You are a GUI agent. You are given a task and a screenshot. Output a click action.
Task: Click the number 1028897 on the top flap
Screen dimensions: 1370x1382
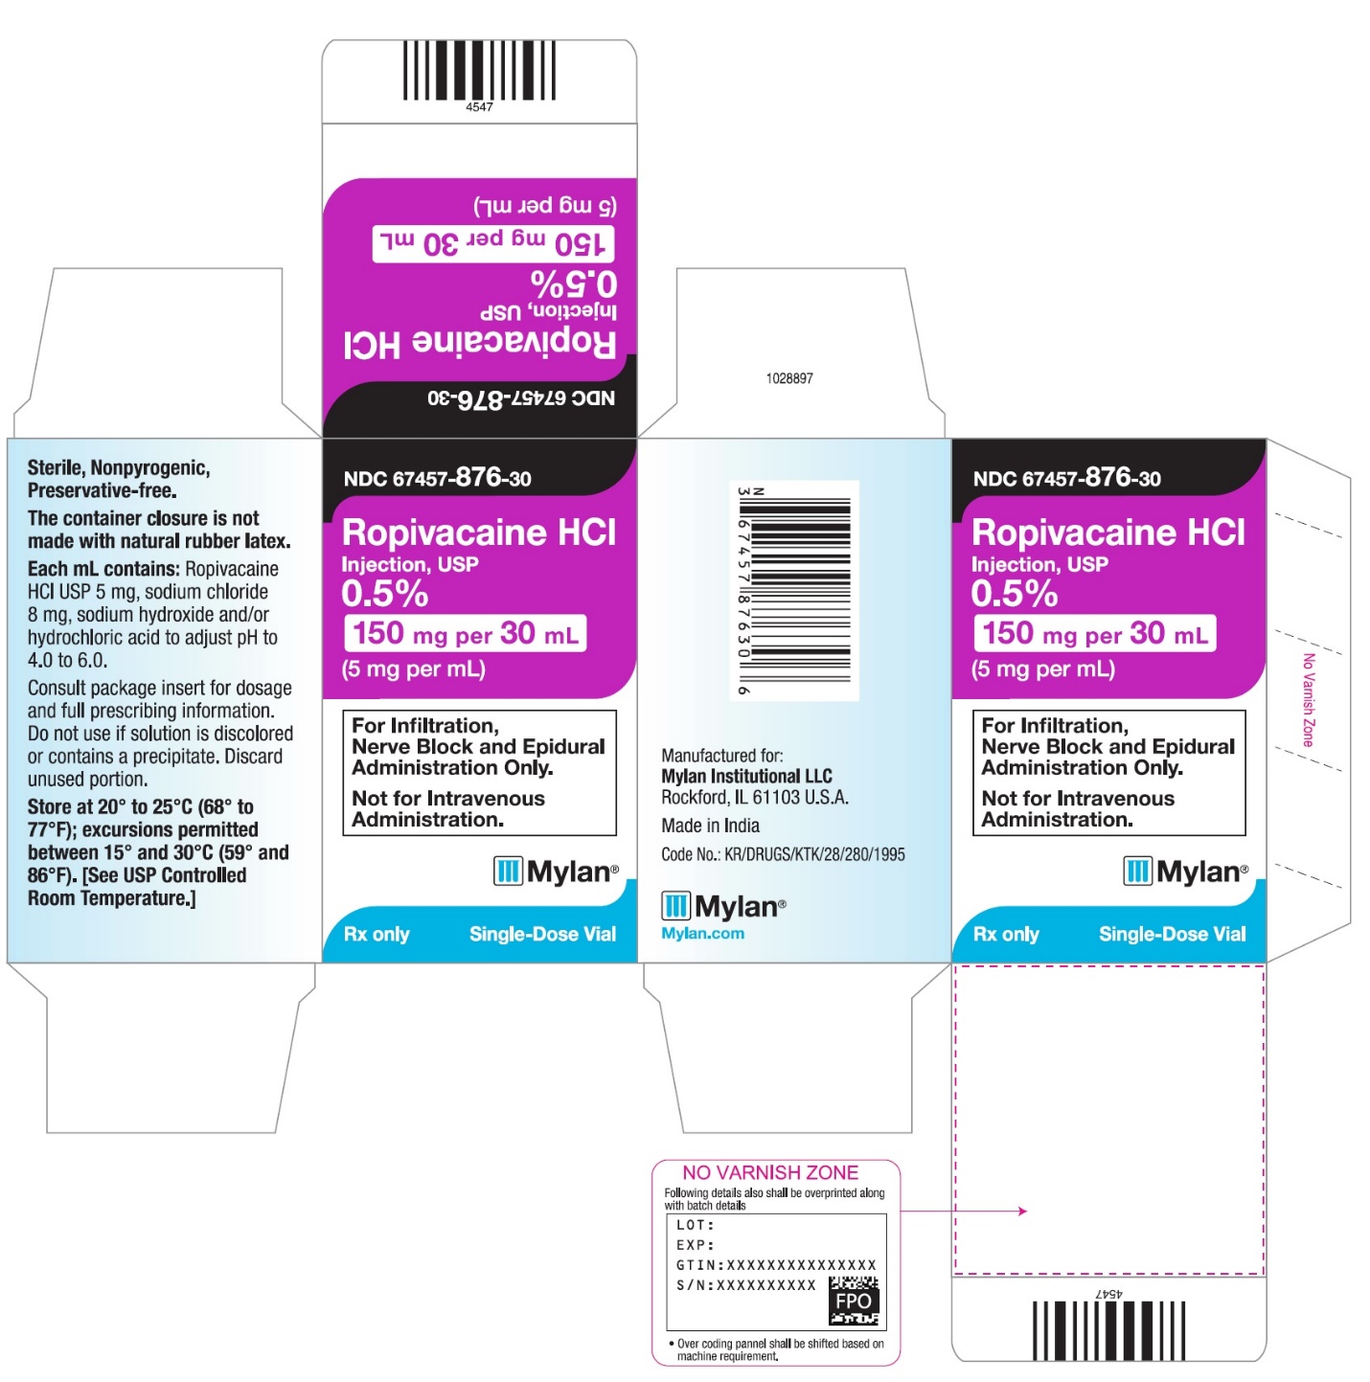[x=788, y=378]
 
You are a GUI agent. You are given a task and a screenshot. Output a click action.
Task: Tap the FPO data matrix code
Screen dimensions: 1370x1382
[x=853, y=1300]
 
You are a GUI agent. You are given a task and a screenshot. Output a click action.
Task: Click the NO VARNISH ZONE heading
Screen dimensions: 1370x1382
[x=769, y=1172]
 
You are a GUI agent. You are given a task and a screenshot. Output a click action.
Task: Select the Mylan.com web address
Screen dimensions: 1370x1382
[x=702, y=933]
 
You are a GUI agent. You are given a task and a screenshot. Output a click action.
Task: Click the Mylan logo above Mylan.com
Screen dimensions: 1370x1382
[x=722, y=906]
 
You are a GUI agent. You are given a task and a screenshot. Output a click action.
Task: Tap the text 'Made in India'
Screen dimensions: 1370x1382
[x=710, y=826]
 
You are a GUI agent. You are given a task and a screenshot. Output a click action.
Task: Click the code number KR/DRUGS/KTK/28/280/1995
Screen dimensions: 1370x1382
[x=814, y=854]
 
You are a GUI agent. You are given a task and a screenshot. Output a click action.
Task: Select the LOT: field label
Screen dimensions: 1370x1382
[x=695, y=1225]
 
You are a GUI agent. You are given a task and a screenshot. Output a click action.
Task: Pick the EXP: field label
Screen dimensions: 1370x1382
[x=695, y=1245]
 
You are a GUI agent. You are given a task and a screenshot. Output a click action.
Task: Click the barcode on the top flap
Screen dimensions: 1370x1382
[x=479, y=70]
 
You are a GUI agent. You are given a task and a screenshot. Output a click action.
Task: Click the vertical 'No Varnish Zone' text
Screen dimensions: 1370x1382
[x=1308, y=699]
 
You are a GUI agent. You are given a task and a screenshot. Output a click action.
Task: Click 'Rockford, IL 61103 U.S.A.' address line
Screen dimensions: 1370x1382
[x=754, y=797]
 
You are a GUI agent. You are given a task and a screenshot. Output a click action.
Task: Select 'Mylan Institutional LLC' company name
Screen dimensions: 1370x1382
[x=746, y=776]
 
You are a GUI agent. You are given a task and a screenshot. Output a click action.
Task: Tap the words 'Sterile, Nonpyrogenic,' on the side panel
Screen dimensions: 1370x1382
[x=119, y=468]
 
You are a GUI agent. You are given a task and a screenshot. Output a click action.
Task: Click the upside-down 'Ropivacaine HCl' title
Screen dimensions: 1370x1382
[x=479, y=344]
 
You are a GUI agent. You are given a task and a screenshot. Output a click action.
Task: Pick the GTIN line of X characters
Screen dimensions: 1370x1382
[x=801, y=1264]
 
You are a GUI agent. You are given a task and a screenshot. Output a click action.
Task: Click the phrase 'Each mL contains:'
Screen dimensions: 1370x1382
[x=103, y=569]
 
